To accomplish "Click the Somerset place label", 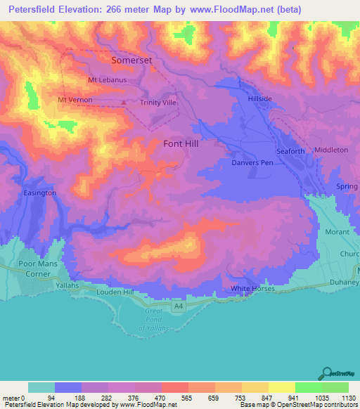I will (132, 61).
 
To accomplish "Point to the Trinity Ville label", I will (158, 103).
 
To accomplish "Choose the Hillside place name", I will (260, 99).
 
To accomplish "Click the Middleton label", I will (331, 150).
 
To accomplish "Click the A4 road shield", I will (178, 306).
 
